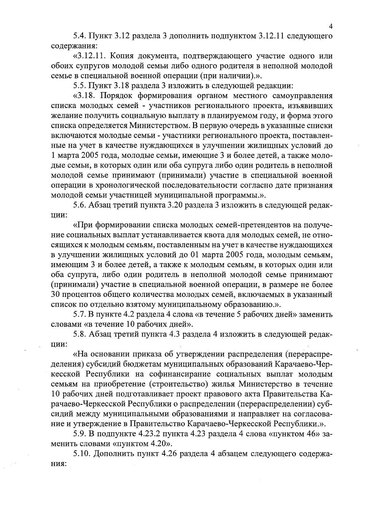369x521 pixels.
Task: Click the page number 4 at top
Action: coord(330,27)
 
